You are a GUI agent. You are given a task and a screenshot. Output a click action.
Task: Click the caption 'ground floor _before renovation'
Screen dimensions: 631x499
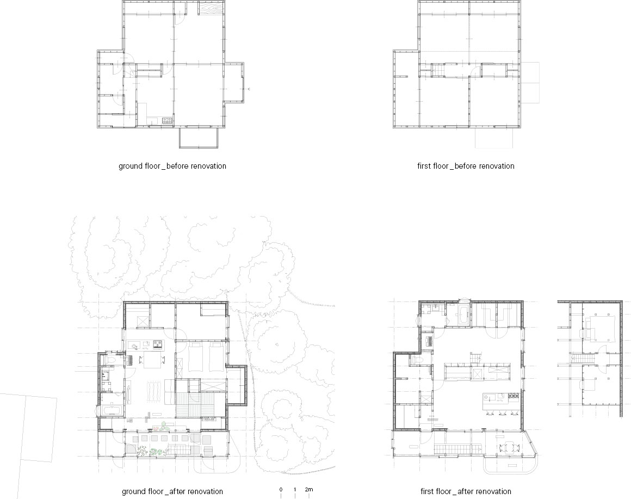[172, 166]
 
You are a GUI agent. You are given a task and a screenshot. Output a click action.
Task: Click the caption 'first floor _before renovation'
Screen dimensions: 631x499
[466, 166]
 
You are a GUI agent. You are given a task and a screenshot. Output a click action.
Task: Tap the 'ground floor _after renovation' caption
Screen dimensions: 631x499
[172, 491]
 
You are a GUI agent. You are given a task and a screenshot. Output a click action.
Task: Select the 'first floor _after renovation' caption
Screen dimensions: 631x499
[466, 491]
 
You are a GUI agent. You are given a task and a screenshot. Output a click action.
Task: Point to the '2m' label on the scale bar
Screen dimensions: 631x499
[308, 489]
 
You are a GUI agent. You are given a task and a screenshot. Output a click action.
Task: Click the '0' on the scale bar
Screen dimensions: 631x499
[281, 490]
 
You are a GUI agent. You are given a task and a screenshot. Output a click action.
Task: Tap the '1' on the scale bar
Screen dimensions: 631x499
[295, 490]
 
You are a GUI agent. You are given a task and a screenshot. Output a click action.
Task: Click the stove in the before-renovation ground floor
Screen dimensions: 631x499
[168, 120]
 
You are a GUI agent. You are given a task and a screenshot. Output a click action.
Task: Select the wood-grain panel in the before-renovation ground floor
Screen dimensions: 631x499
[211, 9]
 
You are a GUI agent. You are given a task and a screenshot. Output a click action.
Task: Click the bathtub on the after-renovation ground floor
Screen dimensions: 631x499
[112, 411]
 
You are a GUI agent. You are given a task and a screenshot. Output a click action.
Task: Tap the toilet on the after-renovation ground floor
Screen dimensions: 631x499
[110, 359]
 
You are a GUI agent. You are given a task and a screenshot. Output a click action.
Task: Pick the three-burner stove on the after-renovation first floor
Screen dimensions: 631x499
[514, 396]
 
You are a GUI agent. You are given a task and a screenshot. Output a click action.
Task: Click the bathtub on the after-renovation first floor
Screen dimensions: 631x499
[463, 313]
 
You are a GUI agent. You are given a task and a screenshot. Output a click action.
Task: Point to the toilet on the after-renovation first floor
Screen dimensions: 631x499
[417, 359]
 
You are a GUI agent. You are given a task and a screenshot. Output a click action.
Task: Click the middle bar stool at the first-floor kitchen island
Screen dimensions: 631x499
[500, 412]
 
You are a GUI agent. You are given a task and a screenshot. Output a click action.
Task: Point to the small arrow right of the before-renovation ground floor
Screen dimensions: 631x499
[249, 89]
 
